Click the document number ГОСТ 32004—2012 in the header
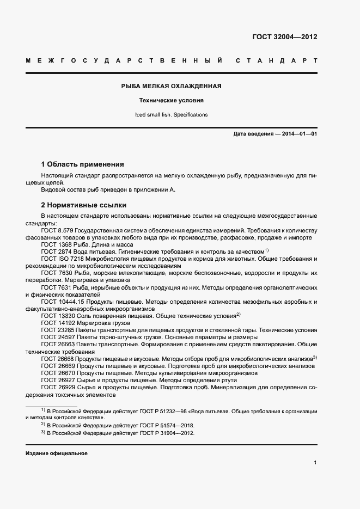coord(284,37)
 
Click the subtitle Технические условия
coord(171,101)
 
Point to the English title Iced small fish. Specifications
coord(171,115)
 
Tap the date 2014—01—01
coord(299,133)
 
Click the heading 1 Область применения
coord(83,164)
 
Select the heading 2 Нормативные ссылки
coord(84,205)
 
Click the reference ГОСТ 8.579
coord(57,231)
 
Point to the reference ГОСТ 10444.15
coord(61,302)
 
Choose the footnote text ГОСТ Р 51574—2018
coord(154,425)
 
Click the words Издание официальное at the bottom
coord(56,453)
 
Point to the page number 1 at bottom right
coord(315,463)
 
